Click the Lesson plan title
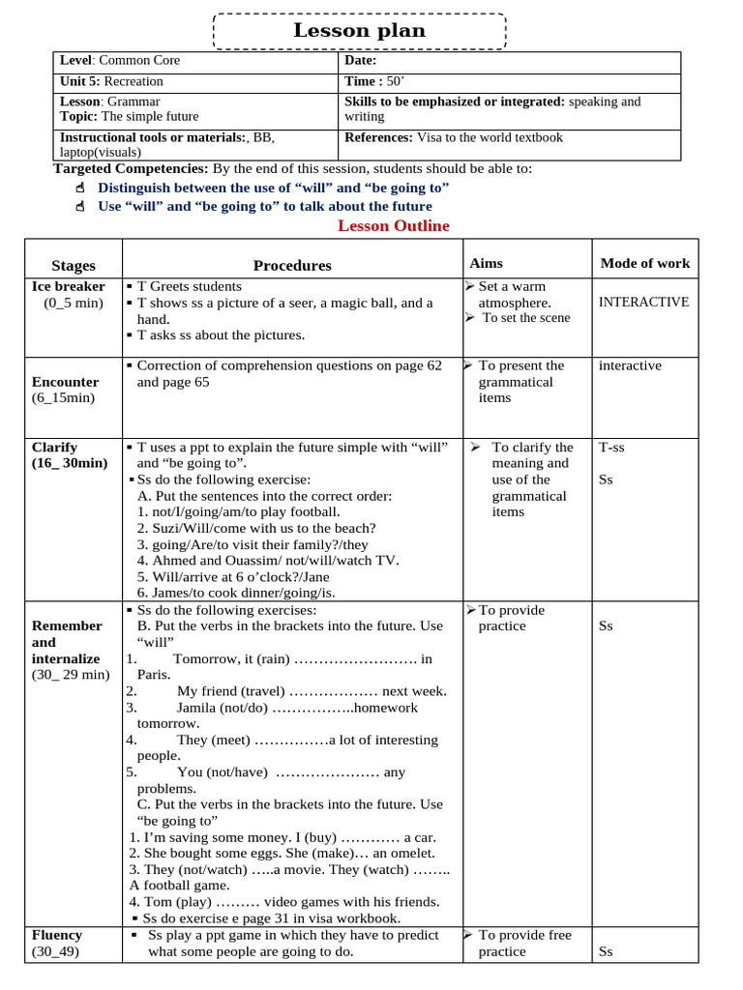coord(360,31)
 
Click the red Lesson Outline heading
coord(393,226)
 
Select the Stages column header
coord(74,266)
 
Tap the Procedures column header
coord(292,266)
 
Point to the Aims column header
coord(486,263)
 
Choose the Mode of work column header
coord(645,263)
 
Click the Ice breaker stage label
coord(68,287)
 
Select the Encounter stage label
coord(65,382)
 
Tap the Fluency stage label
coord(57,935)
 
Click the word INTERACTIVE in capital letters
coord(643,302)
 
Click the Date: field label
coord(360,61)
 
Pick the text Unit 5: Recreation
coord(111,82)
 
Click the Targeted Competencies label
coord(130,169)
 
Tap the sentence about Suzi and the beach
coord(256,528)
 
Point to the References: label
coord(378,137)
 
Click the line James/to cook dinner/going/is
coord(236,593)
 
